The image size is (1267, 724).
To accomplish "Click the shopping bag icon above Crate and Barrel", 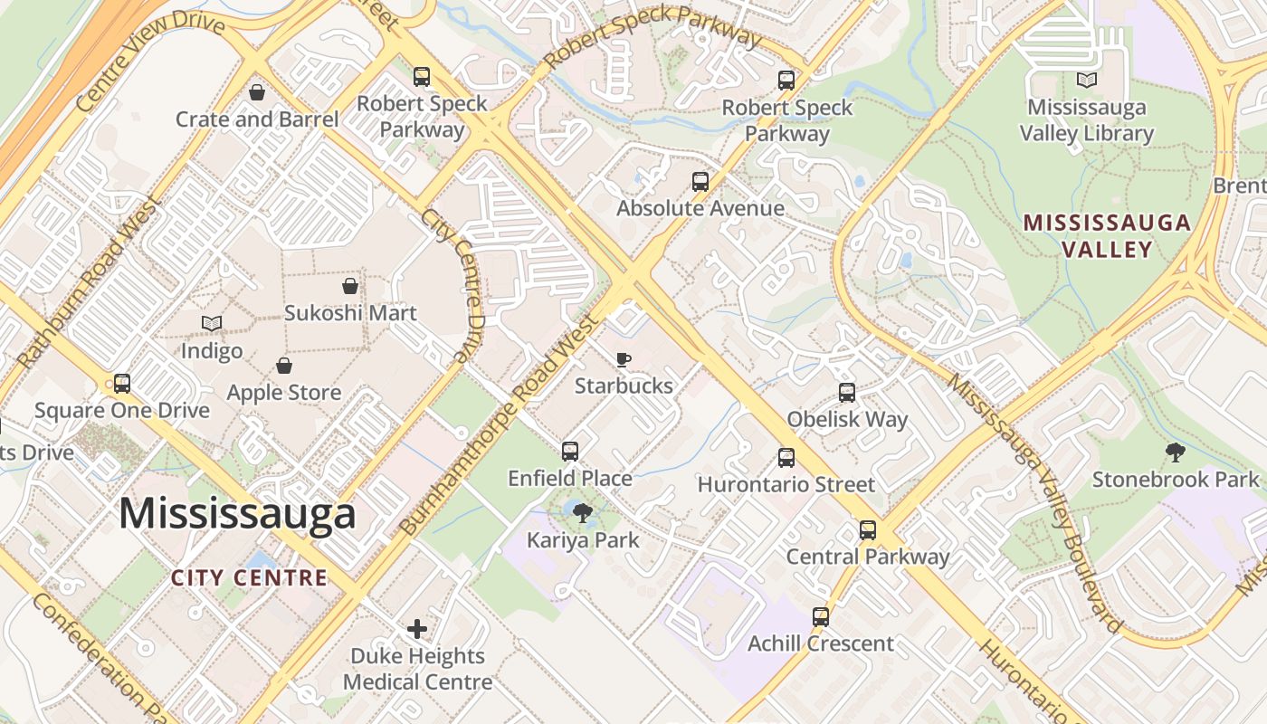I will click(257, 92).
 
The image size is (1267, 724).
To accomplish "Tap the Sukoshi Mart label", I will click(350, 313).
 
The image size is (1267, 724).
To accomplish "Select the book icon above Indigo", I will click(212, 324).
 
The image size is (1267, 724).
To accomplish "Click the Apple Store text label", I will click(283, 393).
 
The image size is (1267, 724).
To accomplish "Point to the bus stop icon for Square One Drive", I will click(122, 384).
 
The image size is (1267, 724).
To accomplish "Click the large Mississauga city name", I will click(237, 514).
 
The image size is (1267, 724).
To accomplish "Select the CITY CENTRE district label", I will click(249, 577).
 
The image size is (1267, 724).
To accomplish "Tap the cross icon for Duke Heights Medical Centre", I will click(417, 628).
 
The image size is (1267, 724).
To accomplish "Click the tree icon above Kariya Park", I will click(583, 514).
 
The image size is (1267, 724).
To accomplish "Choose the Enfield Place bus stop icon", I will click(570, 451).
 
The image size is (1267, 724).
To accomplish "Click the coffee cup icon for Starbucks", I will click(624, 359).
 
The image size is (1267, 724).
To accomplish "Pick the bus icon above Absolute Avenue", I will click(700, 182).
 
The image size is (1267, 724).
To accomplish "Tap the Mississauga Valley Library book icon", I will click(1086, 81).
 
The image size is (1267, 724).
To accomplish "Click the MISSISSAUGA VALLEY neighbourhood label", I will click(1107, 235).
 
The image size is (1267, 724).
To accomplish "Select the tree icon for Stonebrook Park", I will click(1176, 452).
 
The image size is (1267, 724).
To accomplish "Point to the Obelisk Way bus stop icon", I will click(847, 393).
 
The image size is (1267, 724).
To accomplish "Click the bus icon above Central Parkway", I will click(868, 530).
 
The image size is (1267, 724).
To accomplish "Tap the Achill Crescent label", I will click(820, 644).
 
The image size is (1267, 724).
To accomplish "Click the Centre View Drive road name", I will click(149, 62).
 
